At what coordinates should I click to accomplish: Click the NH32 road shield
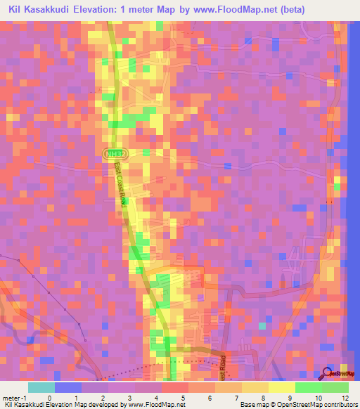[112, 152]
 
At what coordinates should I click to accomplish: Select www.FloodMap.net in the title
[281, 10]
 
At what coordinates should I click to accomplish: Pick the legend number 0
[49, 397]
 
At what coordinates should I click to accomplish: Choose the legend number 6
[201, 397]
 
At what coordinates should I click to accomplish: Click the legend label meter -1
[15, 397]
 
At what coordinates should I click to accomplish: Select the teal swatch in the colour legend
[41, 387]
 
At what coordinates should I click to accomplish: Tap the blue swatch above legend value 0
[68, 387]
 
